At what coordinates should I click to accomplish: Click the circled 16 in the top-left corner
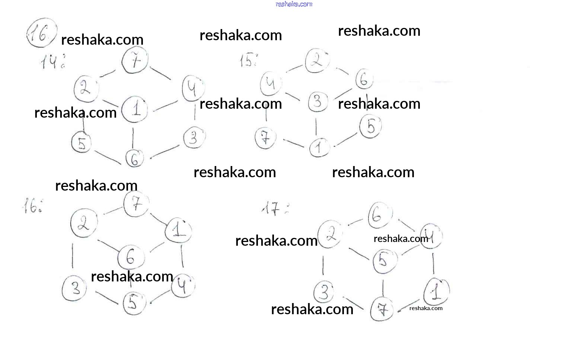[42, 34]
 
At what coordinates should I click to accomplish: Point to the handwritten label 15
[248, 60]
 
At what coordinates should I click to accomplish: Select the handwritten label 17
[274, 209]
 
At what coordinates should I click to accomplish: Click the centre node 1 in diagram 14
[135, 109]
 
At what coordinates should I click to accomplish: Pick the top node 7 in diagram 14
[135, 60]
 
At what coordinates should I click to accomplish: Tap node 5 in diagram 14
[82, 143]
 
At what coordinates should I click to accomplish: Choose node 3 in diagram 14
[194, 138]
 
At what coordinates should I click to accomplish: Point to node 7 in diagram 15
[265, 138]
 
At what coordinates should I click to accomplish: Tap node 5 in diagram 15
[370, 127]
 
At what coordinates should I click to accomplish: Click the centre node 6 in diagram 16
[131, 257]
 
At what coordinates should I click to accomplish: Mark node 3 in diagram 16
[74, 288]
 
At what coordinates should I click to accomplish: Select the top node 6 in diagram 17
[380, 216]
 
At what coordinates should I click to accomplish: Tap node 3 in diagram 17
[324, 292]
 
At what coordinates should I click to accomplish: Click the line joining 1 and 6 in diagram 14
[133, 137]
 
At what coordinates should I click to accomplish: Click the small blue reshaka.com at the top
[294, 4]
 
